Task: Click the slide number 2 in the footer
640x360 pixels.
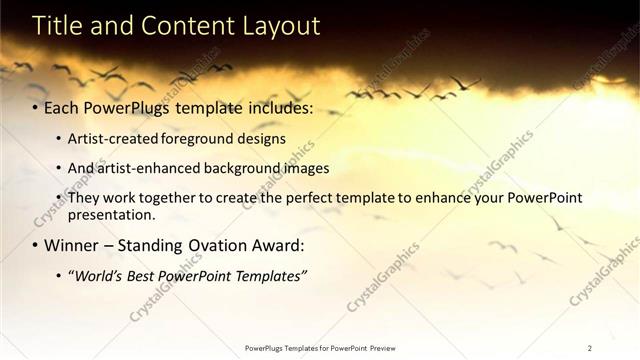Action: tap(590, 348)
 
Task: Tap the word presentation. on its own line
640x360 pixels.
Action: tap(111, 214)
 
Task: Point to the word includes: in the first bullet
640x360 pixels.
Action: tap(280, 106)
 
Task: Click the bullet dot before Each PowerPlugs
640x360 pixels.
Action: tap(36, 106)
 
